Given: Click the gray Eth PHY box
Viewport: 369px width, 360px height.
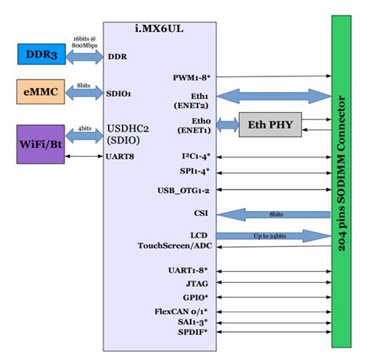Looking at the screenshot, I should coord(269,124).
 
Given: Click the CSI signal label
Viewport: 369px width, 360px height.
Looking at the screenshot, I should coord(201,211).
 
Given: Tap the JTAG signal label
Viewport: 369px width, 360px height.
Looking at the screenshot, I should coord(197,283).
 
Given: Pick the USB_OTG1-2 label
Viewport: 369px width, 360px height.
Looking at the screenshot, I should coord(184,189).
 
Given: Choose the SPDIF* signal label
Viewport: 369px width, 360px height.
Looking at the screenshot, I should coord(193,333).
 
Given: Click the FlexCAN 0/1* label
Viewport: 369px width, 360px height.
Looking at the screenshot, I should coord(183,310).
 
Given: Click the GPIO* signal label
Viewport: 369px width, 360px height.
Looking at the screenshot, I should coord(195,297).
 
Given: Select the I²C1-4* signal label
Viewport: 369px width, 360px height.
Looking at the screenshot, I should coord(193,156).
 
